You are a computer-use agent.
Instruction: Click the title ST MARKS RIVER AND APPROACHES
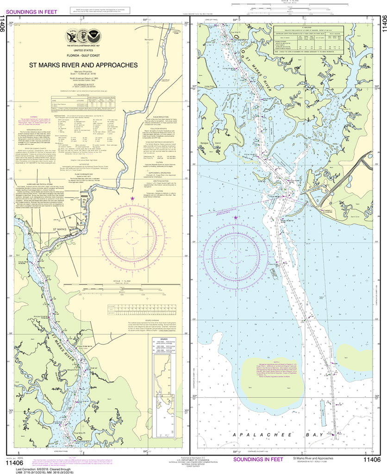(83, 65)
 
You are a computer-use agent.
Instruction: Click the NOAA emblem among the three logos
(94, 35)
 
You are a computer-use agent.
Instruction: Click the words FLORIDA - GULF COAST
(83, 55)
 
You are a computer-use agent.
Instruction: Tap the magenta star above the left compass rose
(132, 198)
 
